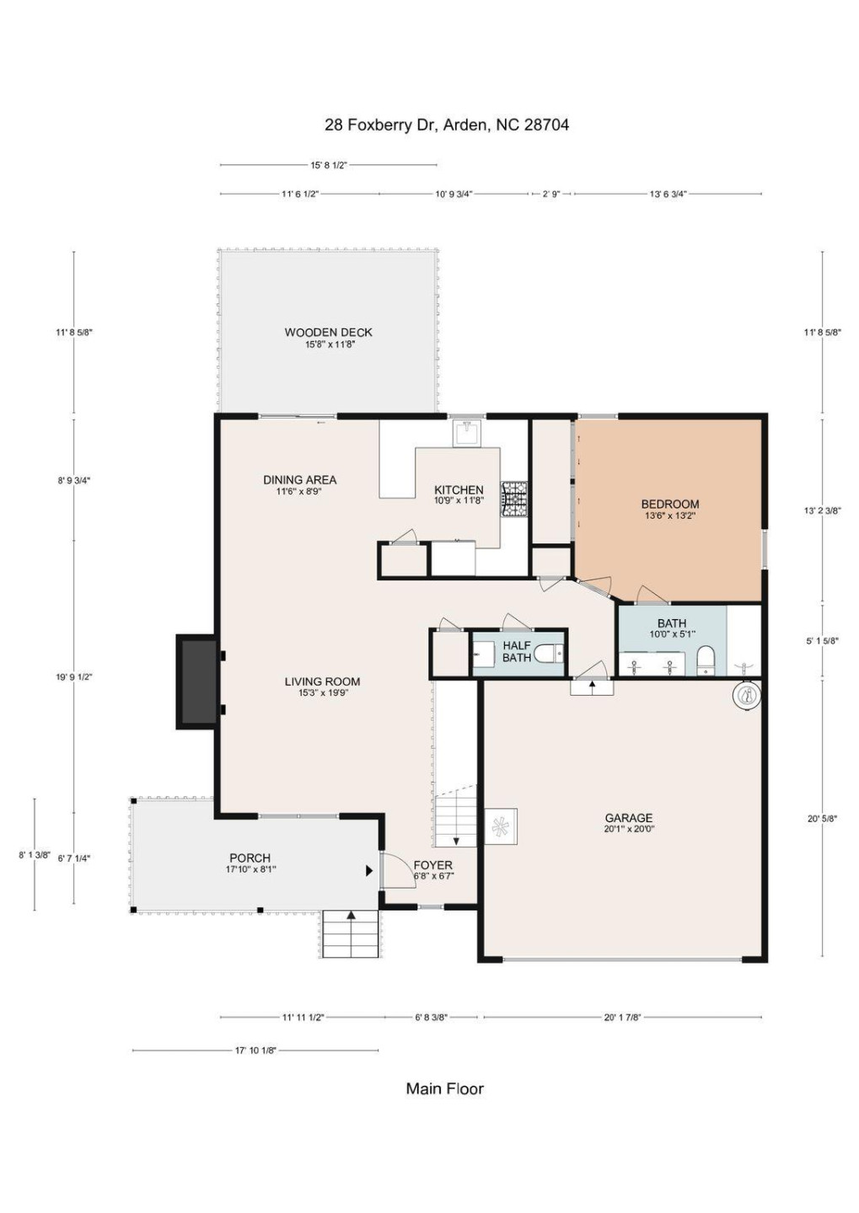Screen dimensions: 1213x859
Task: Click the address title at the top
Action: pyautogui.click(x=446, y=125)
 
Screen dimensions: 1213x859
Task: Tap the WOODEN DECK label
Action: pyautogui.click(x=328, y=333)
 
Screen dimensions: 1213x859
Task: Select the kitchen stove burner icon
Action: pyautogui.click(x=513, y=498)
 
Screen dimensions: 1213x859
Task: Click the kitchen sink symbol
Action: pyautogui.click(x=466, y=433)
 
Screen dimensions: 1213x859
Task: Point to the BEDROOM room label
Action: pyautogui.click(x=670, y=505)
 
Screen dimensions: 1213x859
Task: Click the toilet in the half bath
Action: pyautogui.click(x=548, y=653)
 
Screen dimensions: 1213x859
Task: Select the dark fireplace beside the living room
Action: pyautogui.click(x=197, y=681)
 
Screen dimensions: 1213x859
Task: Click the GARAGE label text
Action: pyautogui.click(x=629, y=818)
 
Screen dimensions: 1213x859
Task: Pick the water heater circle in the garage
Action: pyautogui.click(x=746, y=695)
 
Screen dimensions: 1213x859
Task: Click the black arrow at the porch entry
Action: pyautogui.click(x=369, y=871)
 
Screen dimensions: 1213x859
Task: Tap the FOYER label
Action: pyautogui.click(x=433, y=865)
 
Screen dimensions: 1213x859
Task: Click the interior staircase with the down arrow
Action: pyautogui.click(x=455, y=815)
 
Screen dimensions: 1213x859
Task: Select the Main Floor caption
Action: pyautogui.click(x=445, y=1088)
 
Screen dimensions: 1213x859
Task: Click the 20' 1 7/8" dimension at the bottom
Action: pyautogui.click(x=622, y=1017)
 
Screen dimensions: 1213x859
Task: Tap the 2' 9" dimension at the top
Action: pyautogui.click(x=550, y=194)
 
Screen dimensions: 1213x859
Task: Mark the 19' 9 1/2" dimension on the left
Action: pyautogui.click(x=74, y=676)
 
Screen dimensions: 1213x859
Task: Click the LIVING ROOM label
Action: pyautogui.click(x=322, y=681)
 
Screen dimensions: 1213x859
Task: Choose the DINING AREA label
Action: pyautogui.click(x=299, y=480)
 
